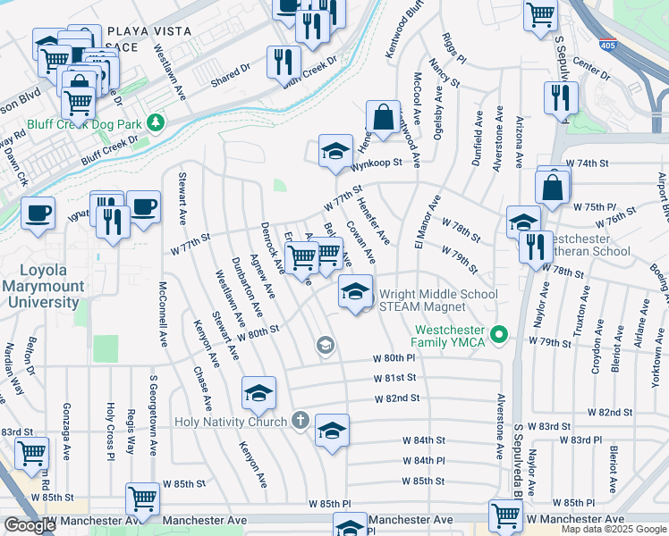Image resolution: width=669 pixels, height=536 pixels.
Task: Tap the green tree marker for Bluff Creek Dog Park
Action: tap(157, 121)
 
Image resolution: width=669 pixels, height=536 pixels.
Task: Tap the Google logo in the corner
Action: tap(30, 526)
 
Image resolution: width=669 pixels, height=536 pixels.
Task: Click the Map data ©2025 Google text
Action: tap(614, 529)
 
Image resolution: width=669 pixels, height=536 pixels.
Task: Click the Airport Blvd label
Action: tap(663, 197)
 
